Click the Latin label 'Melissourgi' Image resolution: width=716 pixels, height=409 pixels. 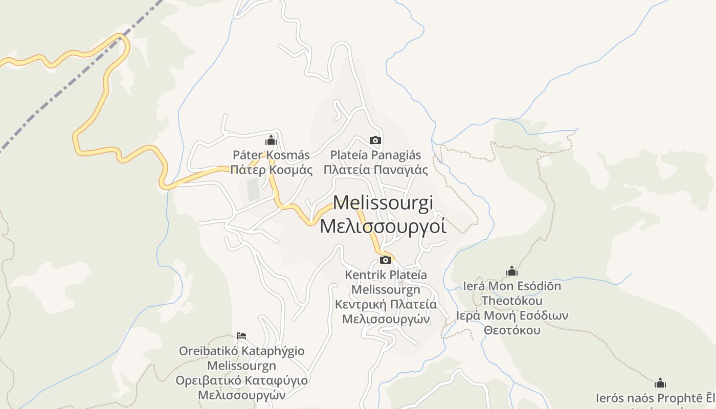pyautogui.click(x=383, y=202)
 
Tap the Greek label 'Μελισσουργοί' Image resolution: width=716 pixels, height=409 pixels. pyautogui.click(x=383, y=225)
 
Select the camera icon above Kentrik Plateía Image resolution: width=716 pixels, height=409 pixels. pyautogui.click(x=386, y=260)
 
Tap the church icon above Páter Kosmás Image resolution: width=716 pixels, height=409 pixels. pyautogui.click(x=271, y=140)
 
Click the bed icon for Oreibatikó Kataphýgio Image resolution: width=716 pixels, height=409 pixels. pyautogui.click(x=242, y=336)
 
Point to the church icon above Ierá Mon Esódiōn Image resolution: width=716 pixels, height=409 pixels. pyautogui.click(x=512, y=271)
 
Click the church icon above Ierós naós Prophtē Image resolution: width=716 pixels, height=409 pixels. pyautogui.click(x=660, y=383)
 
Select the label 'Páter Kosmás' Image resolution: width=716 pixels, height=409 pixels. pyautogui.click(x=271, y=155)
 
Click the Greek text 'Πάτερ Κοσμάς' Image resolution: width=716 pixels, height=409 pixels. pyautogui.click(x=271, y=170)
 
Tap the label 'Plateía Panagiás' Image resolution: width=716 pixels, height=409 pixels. pyautogui.click(x=375, y=155)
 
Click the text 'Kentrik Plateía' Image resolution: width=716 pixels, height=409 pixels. pyautogui.click(x=386, y=275)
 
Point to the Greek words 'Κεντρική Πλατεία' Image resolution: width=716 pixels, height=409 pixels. pyautogui.click(x=386, y=305)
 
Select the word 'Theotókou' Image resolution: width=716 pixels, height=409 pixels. pyautogui.click(x=512, y=301)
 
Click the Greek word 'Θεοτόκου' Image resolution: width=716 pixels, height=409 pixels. pyautogui.click(x=512, y=330)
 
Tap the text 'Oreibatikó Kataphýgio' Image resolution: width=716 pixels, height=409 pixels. pyautogui.click(x=241, y=351)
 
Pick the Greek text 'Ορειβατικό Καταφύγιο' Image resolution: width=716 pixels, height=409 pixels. pyautogui.click(x=241, y=381)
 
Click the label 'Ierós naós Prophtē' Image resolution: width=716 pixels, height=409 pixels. pyautogui.click(x=655, y=398)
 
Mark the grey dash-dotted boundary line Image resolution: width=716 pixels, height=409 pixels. pyautogui.click(x=77, y=77)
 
